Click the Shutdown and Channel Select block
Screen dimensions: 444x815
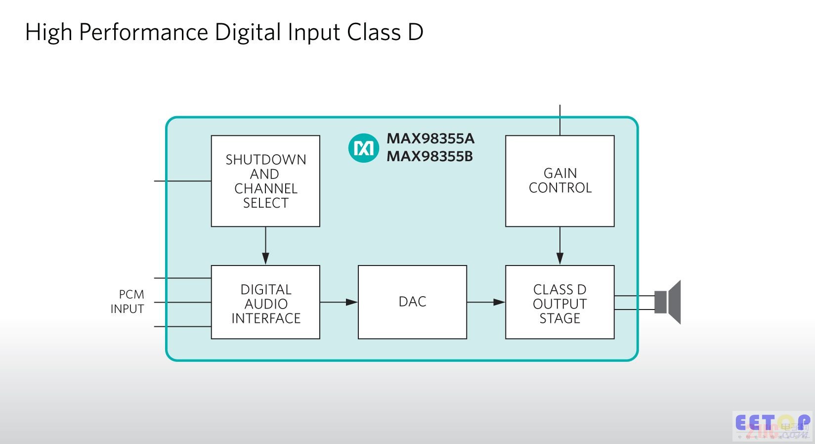pos(265,181)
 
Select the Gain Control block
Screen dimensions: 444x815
pos(559,181)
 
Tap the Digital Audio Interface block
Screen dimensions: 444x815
pos(265,302)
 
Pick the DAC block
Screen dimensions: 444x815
pos(412,302)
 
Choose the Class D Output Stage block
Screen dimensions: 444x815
pos(559,302)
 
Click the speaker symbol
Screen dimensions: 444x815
pos(668,302)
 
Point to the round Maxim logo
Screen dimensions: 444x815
pos(363,148)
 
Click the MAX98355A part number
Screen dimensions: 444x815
pos(430,138)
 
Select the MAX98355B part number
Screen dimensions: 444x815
pos(429,156)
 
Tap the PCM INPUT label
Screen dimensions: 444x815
pos(128,302)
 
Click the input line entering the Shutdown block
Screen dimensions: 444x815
pos(182,181)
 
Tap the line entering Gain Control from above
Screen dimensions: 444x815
pos(559,120)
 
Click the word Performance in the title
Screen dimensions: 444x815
pos(143,33)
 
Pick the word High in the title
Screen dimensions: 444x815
pos(48,33)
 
